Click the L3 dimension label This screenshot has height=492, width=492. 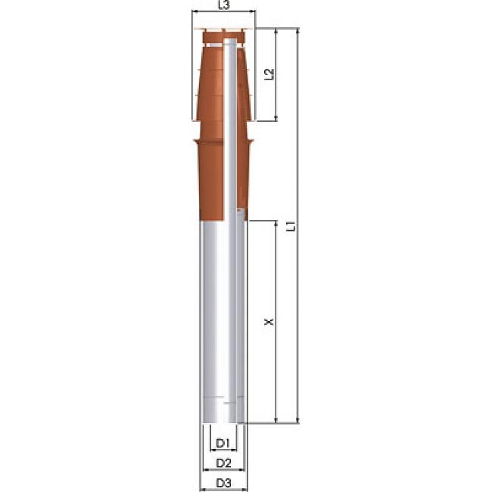click(223, 5)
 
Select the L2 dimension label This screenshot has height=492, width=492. click(268, 74)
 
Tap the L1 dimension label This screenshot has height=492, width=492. click(290, 225)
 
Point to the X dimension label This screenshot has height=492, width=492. click(267, 322)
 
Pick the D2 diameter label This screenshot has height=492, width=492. click(223, 462)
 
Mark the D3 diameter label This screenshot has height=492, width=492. click(223, 482)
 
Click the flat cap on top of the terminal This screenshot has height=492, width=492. click(224, 31)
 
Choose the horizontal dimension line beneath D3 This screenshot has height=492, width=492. click(223, 490)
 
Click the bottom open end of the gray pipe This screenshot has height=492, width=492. click(221, 422)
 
